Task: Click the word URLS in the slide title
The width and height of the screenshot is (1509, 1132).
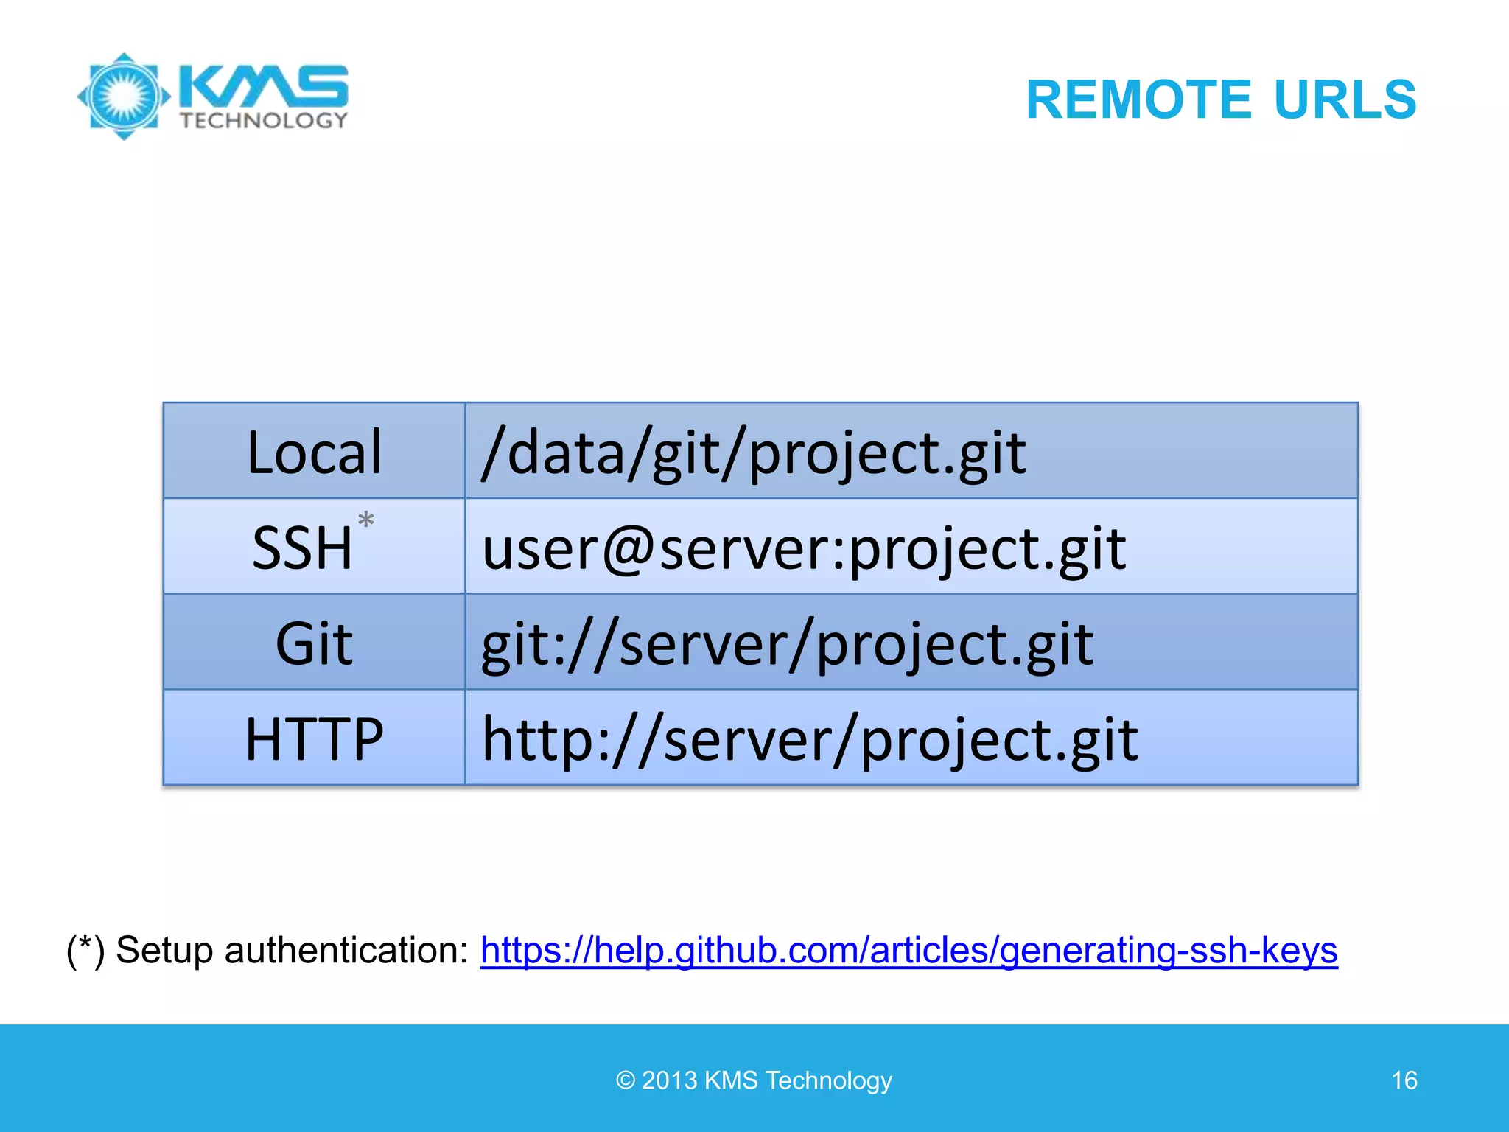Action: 1345,99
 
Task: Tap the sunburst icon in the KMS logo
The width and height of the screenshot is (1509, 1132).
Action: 124,96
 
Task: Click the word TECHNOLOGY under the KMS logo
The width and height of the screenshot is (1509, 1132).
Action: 264,121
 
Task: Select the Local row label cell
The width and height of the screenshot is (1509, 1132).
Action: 314,451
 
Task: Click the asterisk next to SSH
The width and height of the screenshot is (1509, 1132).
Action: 365,520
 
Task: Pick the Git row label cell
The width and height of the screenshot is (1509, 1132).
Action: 314,643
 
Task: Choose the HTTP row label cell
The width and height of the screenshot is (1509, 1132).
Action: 314,738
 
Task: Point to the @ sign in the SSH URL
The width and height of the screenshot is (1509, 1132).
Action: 629,550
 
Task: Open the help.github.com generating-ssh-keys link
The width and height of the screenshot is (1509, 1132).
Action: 908,950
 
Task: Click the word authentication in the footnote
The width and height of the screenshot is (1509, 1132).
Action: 346,950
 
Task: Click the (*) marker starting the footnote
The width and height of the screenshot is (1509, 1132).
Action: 85,950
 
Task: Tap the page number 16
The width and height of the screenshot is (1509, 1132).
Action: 1404,1080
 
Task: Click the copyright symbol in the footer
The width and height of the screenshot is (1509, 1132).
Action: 626,1080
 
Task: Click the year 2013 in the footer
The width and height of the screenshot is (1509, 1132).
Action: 669,1080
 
